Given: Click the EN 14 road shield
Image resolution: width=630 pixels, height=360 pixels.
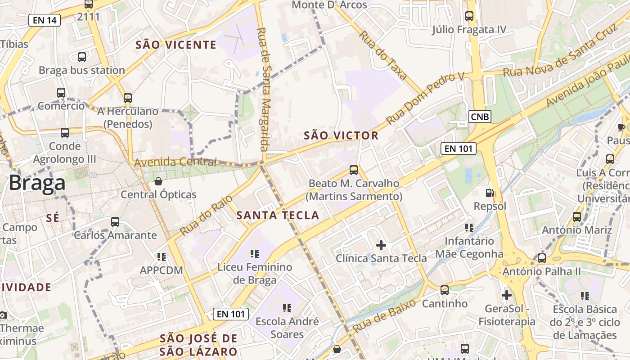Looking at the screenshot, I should click(x=45, y=20).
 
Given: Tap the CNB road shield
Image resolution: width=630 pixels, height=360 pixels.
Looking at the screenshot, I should click(x=479, y=117).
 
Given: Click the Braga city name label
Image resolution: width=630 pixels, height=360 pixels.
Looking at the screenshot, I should click(x=37, y=184).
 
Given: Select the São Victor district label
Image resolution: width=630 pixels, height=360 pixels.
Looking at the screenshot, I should click(x=341, y=135).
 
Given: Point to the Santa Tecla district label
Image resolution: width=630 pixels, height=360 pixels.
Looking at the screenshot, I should click(x=278, y=215).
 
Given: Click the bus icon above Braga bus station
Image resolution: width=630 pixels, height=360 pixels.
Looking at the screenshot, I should click(x=82, y=57).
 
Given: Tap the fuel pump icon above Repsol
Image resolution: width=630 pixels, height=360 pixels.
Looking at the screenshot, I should click(x=490, y=193).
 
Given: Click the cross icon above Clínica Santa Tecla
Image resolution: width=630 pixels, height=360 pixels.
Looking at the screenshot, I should click(x=381, y=245).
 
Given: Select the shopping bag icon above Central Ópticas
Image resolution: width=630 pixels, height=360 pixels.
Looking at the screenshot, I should click(x=158, y=181).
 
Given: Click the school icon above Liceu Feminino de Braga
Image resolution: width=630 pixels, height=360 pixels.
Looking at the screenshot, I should click(x=255, y=254).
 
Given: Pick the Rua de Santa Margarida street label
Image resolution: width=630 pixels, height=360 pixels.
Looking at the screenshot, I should click(x=262, y=89).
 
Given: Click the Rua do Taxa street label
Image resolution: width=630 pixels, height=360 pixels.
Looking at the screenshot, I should click(x=383, y=55).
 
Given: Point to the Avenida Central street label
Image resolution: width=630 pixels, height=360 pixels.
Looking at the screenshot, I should click(x=175, y=162).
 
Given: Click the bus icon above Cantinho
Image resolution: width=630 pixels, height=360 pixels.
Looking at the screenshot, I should click(x=445, y=290).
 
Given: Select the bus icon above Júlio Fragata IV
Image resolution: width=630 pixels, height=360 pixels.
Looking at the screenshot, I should click(x=469, y=16).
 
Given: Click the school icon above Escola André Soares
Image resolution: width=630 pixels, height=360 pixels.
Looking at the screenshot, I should click(x=287, y=308).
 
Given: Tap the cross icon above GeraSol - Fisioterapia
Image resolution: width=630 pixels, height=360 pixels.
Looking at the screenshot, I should click(x=507, y=296).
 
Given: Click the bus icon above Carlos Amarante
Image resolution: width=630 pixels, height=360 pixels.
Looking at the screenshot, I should click(x=115, y=222).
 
